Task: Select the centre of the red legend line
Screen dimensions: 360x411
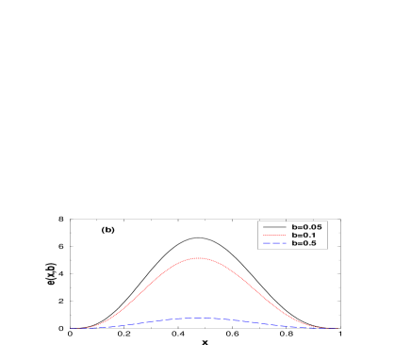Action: (274, 236)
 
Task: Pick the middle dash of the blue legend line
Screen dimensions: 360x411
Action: (274, 243)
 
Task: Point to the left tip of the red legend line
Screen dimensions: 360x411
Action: (263, 236)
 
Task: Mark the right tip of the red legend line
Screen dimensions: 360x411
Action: (286, 236)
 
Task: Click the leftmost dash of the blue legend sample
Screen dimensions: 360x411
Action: (266, 243)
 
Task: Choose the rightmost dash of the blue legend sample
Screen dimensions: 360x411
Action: (283, 243)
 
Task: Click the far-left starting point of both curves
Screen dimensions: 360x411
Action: (70, 328)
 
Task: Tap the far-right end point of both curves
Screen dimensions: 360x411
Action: (337, 328)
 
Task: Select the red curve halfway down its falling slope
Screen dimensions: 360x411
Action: (257, 293)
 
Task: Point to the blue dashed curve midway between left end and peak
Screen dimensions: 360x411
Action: (135, 323)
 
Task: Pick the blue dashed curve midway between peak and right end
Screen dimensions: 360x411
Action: (268, 323)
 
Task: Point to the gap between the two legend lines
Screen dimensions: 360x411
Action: (274, 239)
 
